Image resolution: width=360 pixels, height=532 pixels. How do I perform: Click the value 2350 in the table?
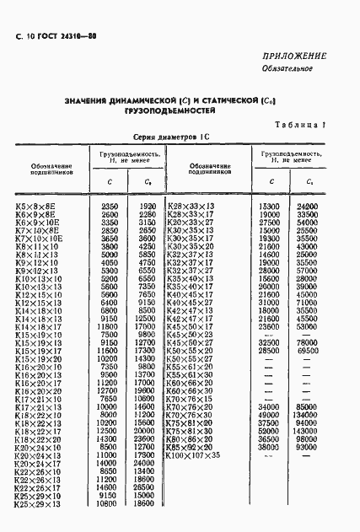(110, 206)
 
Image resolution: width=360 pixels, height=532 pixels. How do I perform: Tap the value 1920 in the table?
(148, 206)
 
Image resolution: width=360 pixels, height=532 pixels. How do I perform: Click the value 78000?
(305, 341)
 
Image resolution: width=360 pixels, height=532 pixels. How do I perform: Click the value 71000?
(305, 301)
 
